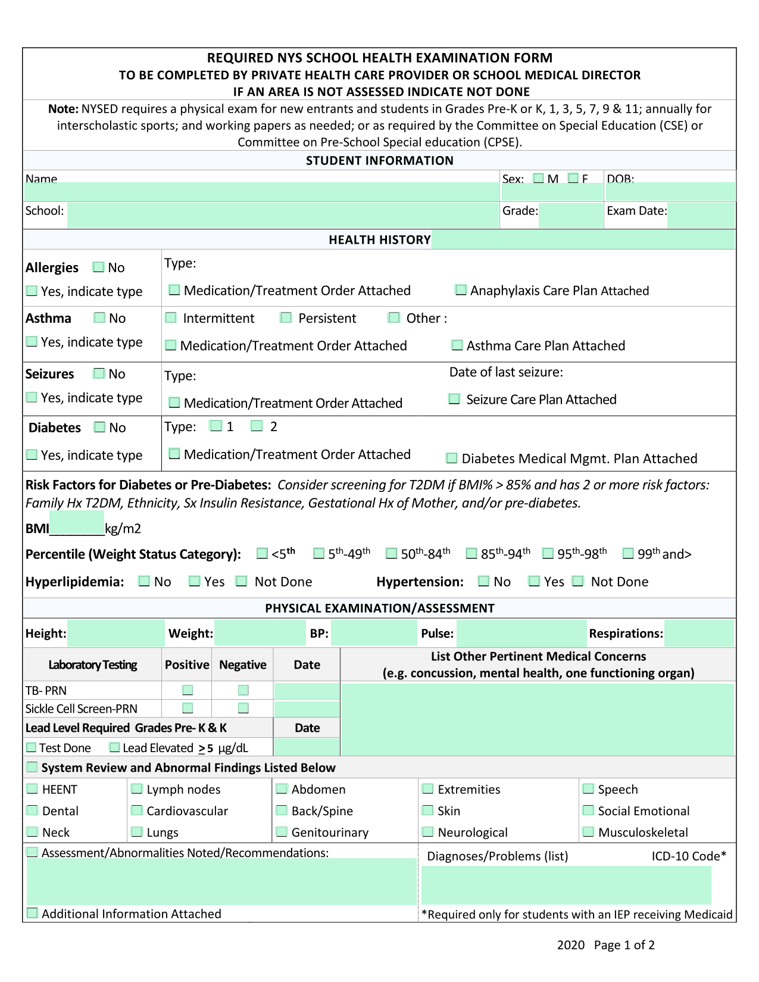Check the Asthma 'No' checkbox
(x=99, y=317)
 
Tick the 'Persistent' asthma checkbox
(x=286, y=317)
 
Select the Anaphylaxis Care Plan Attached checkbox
(x=461, y=290)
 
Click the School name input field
(x=283, y=216)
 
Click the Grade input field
(x=570, y=216)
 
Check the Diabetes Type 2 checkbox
(x=257, y=426)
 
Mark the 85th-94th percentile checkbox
(x=471, y=554)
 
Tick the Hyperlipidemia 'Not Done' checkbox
(x=242, y=581)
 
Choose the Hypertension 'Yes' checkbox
(x=535, y=581)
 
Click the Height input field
(x=116, y=633)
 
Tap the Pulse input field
(x=521, y=633)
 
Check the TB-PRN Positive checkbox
(x=188, y=690)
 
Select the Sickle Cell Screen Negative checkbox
(x=243, y=708)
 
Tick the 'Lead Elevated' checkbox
(x=114, y=747)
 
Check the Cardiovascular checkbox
(x=137, y=810)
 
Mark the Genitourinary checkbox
(x=282, y=832)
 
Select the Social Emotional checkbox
(x=588, y=810)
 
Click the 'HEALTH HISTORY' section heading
(x=379, y=239)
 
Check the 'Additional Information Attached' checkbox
(x=32, y=913)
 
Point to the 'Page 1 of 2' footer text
(x=624, y=945)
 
